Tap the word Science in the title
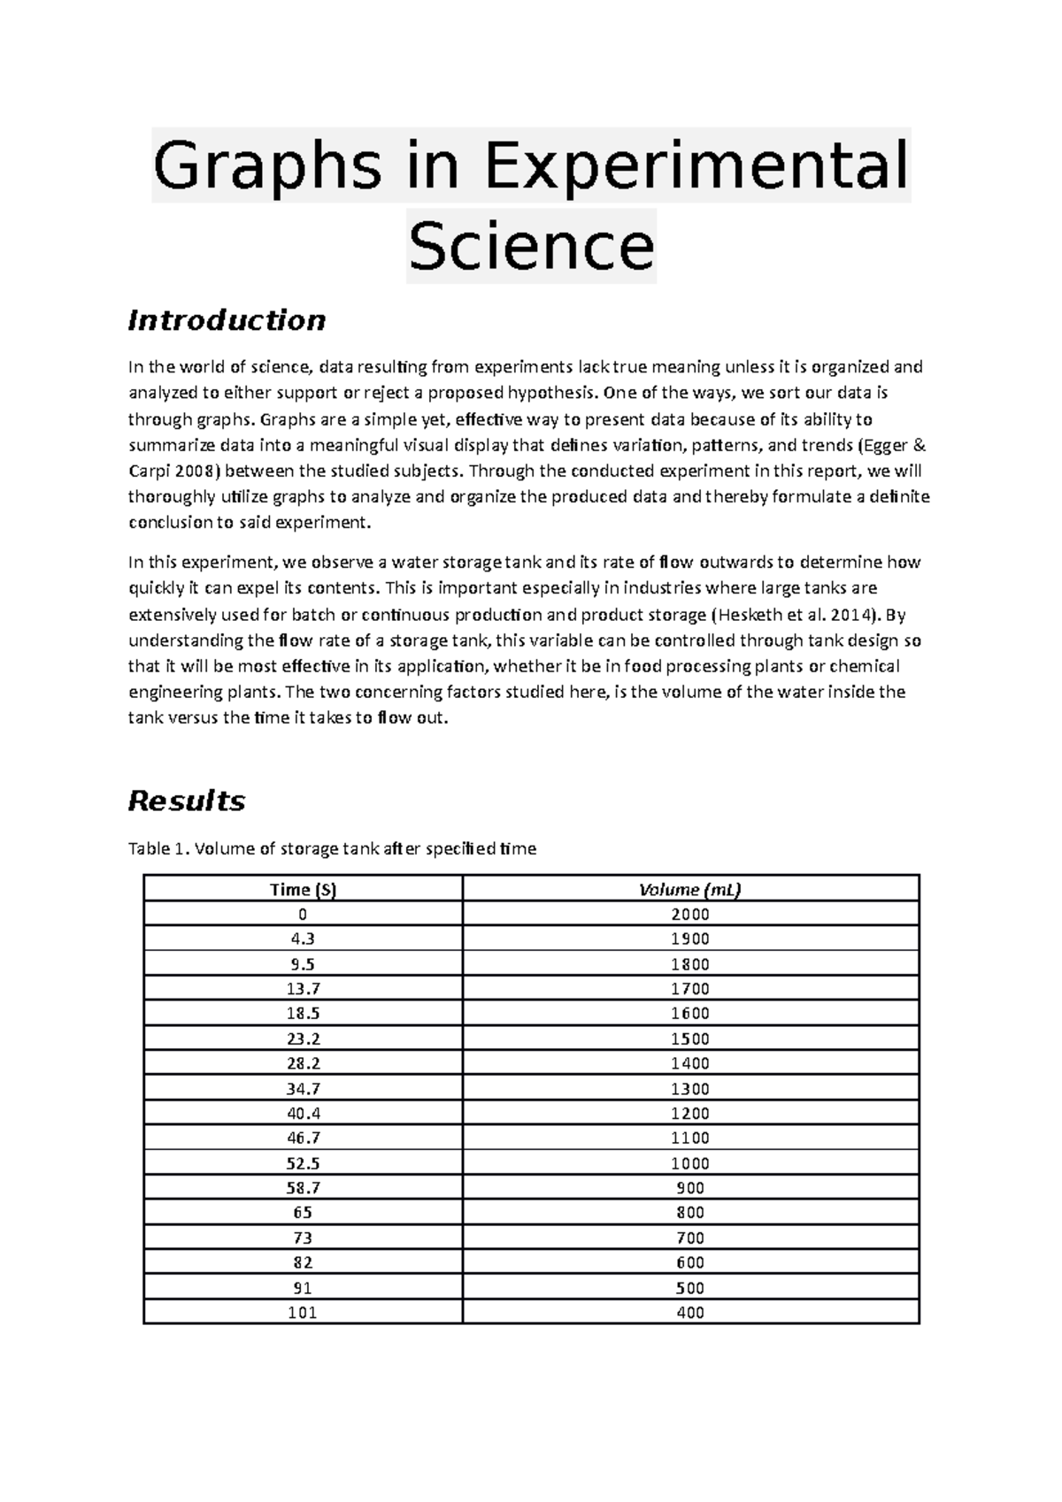(x=531, y=246)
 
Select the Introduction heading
(x=227, y=319)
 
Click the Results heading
(x=186, y=801)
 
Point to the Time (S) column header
(x=303, y=889)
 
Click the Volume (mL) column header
(x=689, y=889)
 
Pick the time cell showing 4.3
(x=303, y=939)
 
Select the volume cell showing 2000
(x=689, y=914)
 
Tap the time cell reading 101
(x=303, y=1313)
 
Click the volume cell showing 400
(x=689, y=1313)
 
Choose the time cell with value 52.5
(x=303, y=1163)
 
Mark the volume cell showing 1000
(x=689, y=1163)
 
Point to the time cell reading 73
(x=303, y=1238)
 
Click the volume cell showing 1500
(x=689, y=1038)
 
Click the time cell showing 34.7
(x=303, y=1088)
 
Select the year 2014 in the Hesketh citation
(x=849, y=614)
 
